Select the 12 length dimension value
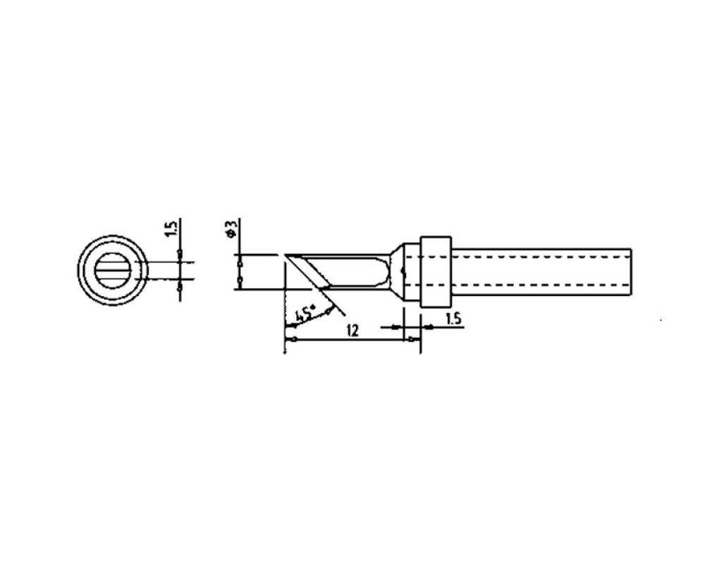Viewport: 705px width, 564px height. pos(353,331)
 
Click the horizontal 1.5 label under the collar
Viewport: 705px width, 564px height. pos(453,319)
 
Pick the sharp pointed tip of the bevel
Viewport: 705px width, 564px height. pos(285,255)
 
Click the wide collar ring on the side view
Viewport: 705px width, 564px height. pos(435,271)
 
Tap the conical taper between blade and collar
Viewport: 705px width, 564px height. pos(396,272)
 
